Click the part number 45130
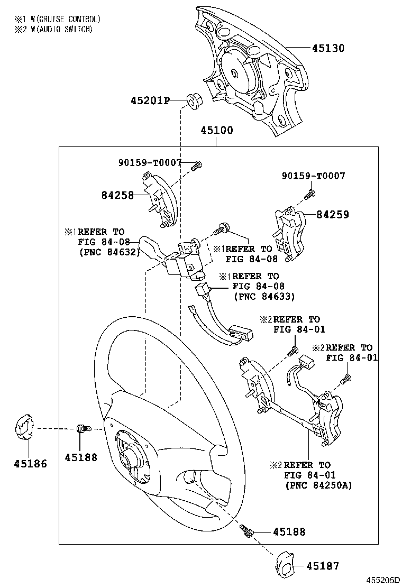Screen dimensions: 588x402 (x=327, y=48)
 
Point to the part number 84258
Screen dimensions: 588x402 (x=117, y=195)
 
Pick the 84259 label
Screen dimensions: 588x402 (x=333, y=215)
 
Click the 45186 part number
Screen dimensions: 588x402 (x=30, y=464)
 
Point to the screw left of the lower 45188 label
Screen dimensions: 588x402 (x=246, y=530)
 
